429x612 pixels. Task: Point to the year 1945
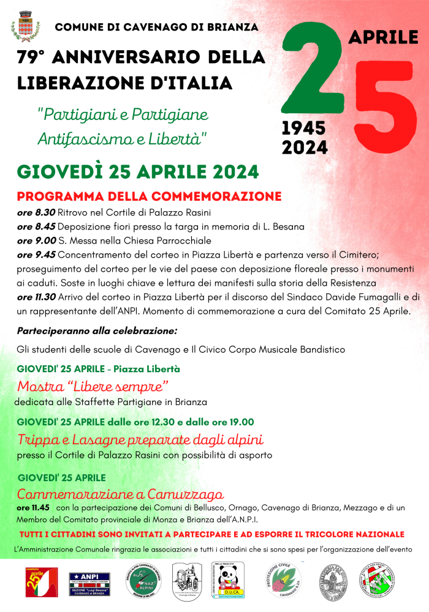pyautogui.click(x=304, y=128)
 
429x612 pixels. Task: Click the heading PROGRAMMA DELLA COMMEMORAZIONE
pyautogui.click(x=149, y=196)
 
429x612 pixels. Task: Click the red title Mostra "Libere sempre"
pyautogui.click(x=93, y=387)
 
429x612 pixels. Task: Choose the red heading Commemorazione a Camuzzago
pyautogui.click(x=120, y=494)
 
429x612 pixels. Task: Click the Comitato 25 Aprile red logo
pyautogui.click(x=41, y=581)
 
